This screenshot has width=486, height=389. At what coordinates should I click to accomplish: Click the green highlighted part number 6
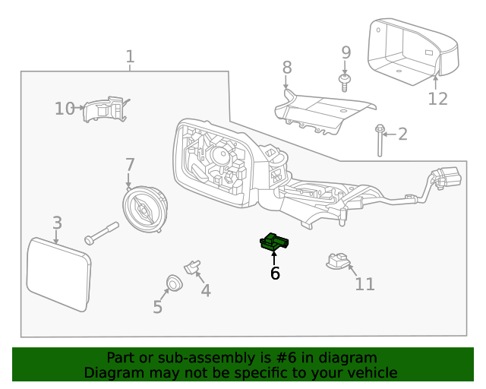pyautogui.click(x=275, y=242)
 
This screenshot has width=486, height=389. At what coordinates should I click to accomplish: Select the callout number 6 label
pyautogui.click(x=275, y=273)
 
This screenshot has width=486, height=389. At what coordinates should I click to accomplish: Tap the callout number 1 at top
pyautogui.click(x=130, y=56)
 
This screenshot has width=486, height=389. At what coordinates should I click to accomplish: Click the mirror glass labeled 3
pyautogui.click(x=58, y=274)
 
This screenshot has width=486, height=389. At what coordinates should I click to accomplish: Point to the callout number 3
pyautogui.click(x=57, y=223)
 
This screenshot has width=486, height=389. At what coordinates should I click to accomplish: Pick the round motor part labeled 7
pyautogui.click(x=144, y=208)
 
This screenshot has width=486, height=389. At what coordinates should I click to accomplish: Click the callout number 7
pyautogui.click(x=130, y=164)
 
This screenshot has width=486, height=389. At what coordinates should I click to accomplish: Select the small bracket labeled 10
pyautogui.click(x=105, y=110)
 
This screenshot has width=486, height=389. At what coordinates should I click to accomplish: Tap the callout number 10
pyautogui.click(x=64, y=109)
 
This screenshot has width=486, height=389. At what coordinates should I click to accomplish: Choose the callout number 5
pyautogui.click(x=157, y=307)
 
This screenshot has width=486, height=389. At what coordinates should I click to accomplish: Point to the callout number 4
pyautogui.click(x=205, y=290)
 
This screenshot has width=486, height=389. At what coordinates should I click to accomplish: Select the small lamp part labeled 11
pyautogui.click(x=336, y=261)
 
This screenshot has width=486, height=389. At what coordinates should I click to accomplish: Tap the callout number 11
pyautogui.click(x=364, y=284)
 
